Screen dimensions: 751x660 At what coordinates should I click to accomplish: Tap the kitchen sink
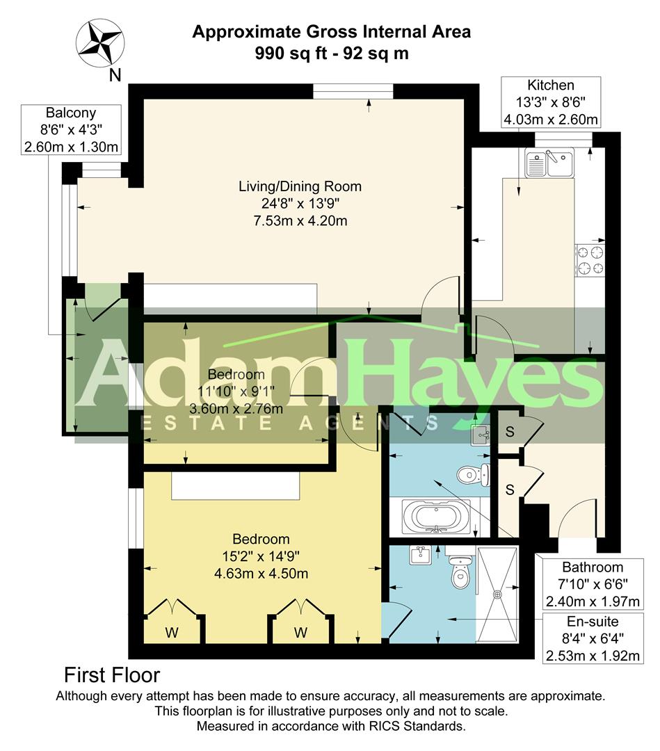pos(549,163)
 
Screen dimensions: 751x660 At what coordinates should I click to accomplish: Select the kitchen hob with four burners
pos(590,261)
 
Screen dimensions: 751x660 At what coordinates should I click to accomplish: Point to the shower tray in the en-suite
pos(497,594)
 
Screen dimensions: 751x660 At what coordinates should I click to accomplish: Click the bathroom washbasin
pos(481,435)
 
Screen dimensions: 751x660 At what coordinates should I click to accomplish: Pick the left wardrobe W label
pos(172,632)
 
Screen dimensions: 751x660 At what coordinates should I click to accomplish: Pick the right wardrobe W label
pos(300,632)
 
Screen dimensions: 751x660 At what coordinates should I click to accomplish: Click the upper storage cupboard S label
pos(509,431)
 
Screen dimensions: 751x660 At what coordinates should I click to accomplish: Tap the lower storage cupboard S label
pos(509,490)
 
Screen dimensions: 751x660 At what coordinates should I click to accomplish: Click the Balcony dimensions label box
pos(70,129)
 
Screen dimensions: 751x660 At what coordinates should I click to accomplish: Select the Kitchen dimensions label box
pos(551,102)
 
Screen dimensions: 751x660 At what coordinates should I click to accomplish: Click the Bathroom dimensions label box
pos(592,583)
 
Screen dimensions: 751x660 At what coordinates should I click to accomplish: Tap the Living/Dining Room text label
pos(300,186)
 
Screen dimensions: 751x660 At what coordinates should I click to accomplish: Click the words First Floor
pos(112,675)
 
